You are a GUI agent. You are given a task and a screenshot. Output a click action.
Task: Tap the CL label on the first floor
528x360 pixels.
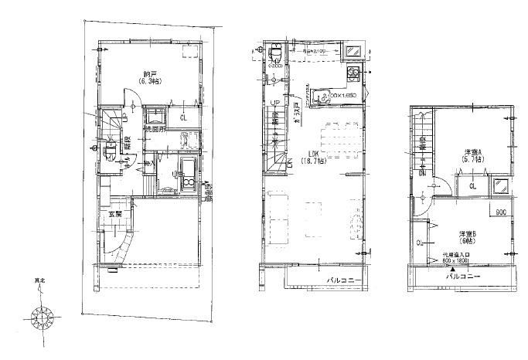click(183, 118)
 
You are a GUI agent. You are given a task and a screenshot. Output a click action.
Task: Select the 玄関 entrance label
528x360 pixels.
click(115, 212)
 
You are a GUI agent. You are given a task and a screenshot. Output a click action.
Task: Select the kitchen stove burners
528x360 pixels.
click(354, 75)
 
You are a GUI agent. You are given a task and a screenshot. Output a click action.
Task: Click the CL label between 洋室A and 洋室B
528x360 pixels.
click(471, 186)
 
